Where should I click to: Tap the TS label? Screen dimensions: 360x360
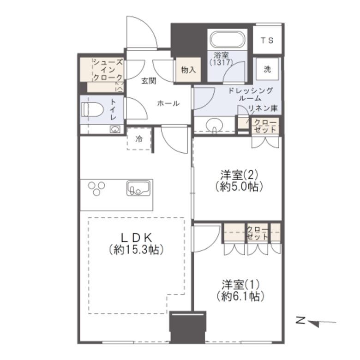(x=267, y=41)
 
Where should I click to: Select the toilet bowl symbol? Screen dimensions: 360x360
(x=92, y=109)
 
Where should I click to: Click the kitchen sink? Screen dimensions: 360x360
(x=138, y=188)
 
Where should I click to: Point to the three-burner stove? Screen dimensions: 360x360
(x=96, y=188)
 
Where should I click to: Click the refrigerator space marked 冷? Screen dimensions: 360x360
(x=139, y=138)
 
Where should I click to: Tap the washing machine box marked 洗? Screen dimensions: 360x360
(x=267, y=69)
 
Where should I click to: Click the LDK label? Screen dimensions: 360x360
(x=136, y=238)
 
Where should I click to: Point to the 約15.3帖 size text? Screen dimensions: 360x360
(x=136, y=250)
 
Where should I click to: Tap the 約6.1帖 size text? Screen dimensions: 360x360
(x=240, y=296)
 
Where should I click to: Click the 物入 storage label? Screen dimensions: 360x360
(x=188, y=70)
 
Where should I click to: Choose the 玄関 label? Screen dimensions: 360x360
(x=149, y=81)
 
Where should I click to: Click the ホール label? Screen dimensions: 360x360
(x=168, y=103)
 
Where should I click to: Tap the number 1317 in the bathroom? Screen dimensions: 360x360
(x=222, y=62)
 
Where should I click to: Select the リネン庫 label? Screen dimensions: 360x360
(x=263, y=108)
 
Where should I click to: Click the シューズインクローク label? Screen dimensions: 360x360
(x=108, y=70)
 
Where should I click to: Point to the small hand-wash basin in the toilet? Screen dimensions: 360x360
(x=115, y=129)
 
